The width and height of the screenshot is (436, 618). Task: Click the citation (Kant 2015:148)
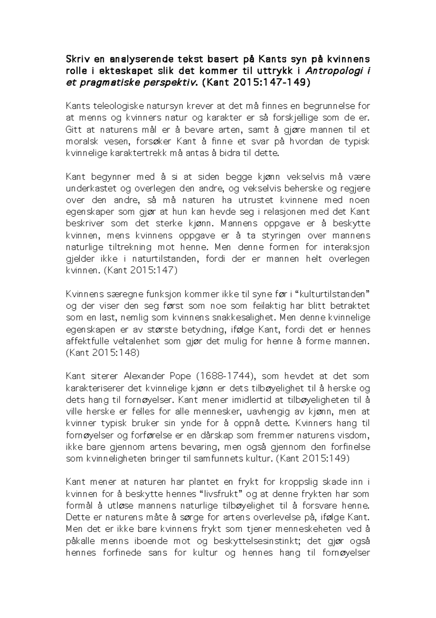pos(103,353)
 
